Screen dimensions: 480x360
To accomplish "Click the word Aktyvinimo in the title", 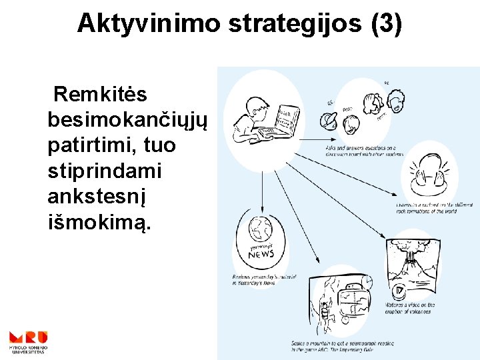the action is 149,23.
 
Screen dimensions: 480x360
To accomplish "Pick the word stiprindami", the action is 105,170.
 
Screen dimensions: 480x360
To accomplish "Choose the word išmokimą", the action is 100,221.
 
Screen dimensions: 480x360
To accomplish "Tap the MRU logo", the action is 27,340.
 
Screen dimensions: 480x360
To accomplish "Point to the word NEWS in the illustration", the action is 261,254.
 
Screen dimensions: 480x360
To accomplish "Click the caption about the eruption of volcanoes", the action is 410,308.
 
